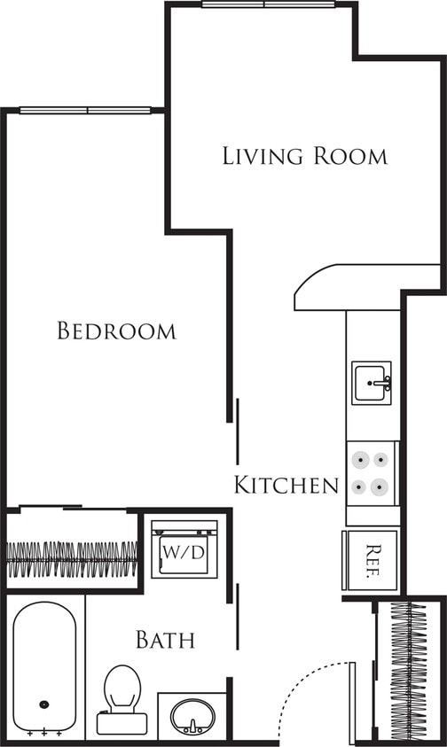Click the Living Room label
304,157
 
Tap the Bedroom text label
116,331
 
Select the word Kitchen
286,485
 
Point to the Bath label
165,639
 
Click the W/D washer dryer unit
183,551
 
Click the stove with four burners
372,473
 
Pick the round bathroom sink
192,714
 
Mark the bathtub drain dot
43,705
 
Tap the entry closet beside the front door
409,670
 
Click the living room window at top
267,4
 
